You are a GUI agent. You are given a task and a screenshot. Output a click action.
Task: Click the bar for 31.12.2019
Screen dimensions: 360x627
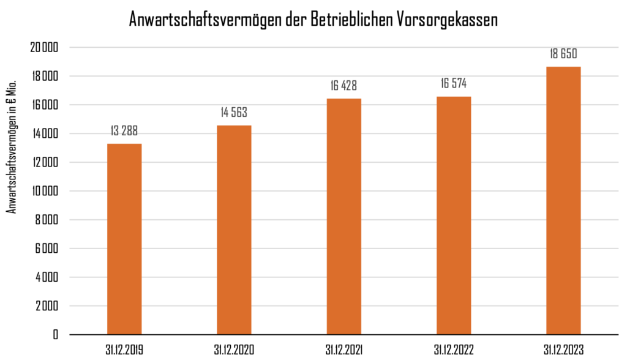pyautogui.click(x=124, y=239)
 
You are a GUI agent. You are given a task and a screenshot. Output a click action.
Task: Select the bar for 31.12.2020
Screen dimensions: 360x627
pyautogui.click(x=234, y=230)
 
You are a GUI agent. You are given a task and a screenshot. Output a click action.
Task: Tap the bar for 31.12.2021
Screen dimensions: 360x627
pyautogui.click(x=344, y=216)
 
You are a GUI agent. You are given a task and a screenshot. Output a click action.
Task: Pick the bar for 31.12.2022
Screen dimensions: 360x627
pyautogui.click(x=454, y=216)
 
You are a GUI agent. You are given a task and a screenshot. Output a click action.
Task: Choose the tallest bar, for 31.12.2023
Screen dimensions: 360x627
pyautogui.click(x=563, y=200)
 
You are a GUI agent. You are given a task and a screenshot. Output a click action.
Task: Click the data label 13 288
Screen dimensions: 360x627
pyautogui.click(x=124, y=131)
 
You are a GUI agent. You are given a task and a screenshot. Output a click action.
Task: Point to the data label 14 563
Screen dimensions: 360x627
pyautogui.click(x=234, y=113)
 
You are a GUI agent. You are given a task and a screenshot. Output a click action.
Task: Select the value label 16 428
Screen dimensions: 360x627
pyautogui.click(x=344, y=86)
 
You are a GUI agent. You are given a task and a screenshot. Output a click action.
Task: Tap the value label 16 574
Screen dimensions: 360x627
pyautogui.click(x=454, y=84)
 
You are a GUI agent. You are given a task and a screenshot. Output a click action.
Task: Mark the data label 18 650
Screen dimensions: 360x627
pyautogui.click(x=563, y=54)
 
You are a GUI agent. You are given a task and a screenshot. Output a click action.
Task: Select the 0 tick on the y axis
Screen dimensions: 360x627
pyautogui.click(x=56, y=335)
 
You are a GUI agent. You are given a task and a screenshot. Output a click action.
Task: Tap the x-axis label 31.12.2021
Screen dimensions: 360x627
pyautogui.click(x=344, y=350)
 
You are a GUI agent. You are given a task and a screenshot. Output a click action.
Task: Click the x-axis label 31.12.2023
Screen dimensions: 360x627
pyautogui.click(x=563, y=350)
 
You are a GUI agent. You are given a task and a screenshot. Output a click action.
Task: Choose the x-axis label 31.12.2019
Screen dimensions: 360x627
pyautogui.click(x=124, y=350)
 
